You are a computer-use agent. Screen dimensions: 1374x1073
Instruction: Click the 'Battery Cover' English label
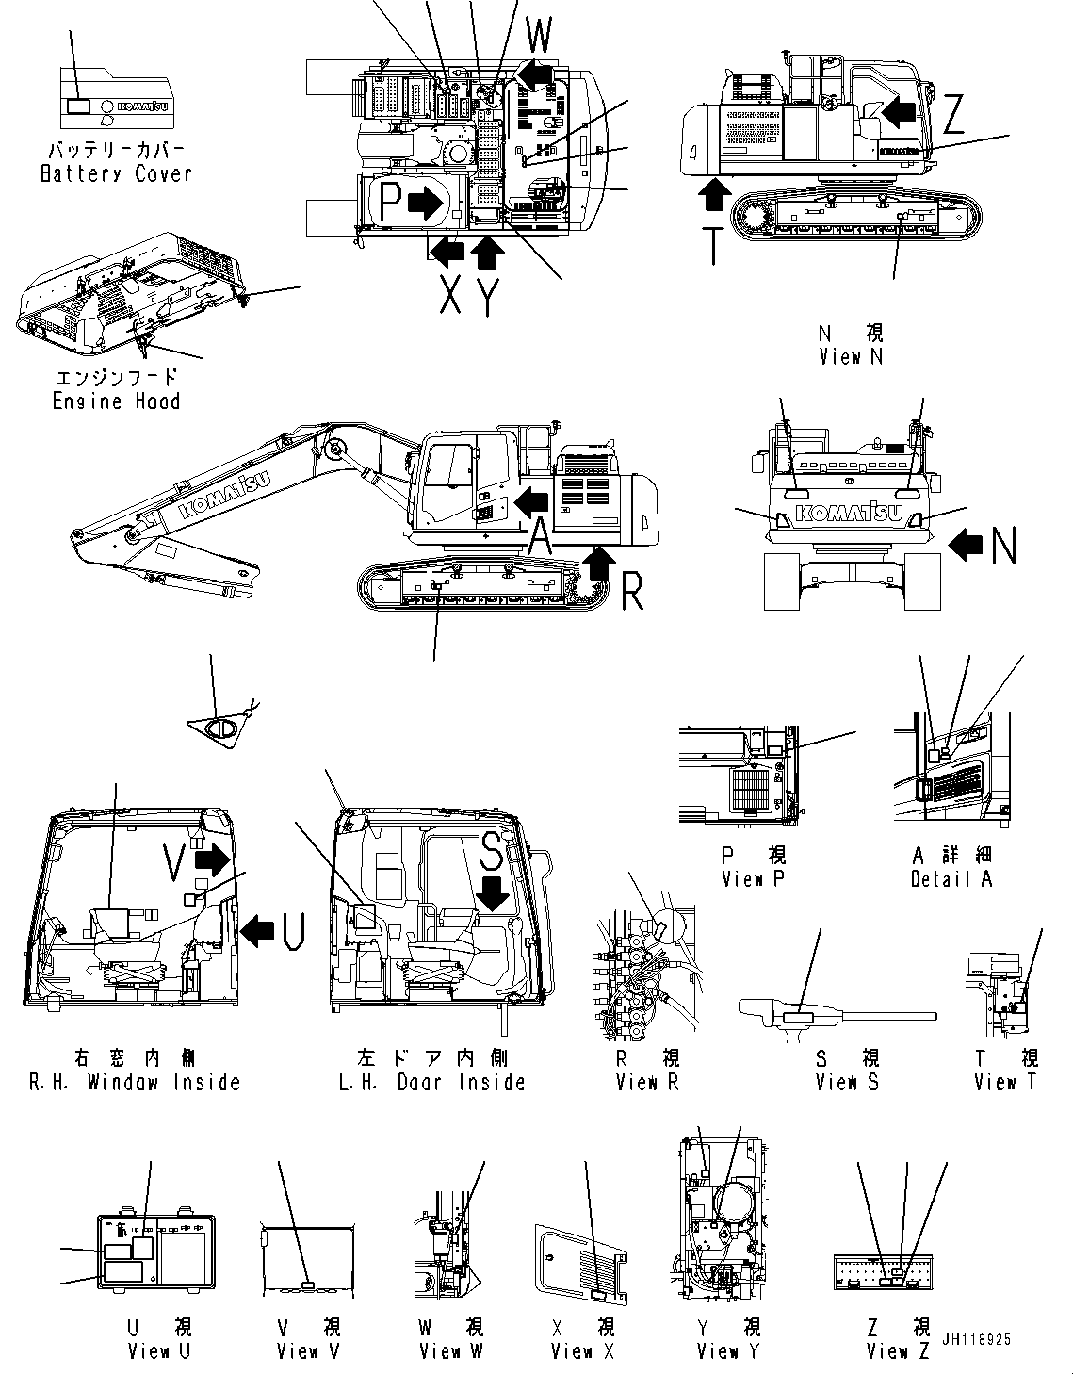[x=116, y=174]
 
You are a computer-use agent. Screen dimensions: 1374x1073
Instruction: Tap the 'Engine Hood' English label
[x=116, y=401]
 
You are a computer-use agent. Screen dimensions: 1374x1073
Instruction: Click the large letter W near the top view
[x=539, y=37]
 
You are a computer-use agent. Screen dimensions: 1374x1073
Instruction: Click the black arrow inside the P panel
[x=429, y=201]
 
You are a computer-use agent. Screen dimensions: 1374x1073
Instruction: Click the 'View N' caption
[x=851, y=357]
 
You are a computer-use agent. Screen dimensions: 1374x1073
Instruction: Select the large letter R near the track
[x=632, y=593]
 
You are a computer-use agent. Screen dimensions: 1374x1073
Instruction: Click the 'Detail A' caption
[x=951, y=879]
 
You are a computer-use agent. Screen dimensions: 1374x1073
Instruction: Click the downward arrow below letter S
[x=494, y=891]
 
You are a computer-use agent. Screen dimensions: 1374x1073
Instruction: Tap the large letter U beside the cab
[x=293, y=931]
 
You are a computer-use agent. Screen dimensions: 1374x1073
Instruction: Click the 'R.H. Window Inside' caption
[x=135, y=1083]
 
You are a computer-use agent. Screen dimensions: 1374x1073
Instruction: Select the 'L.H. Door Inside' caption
[x=431, y=1083]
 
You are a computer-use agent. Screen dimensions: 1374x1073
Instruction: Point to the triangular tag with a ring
[x=222, y=728]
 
